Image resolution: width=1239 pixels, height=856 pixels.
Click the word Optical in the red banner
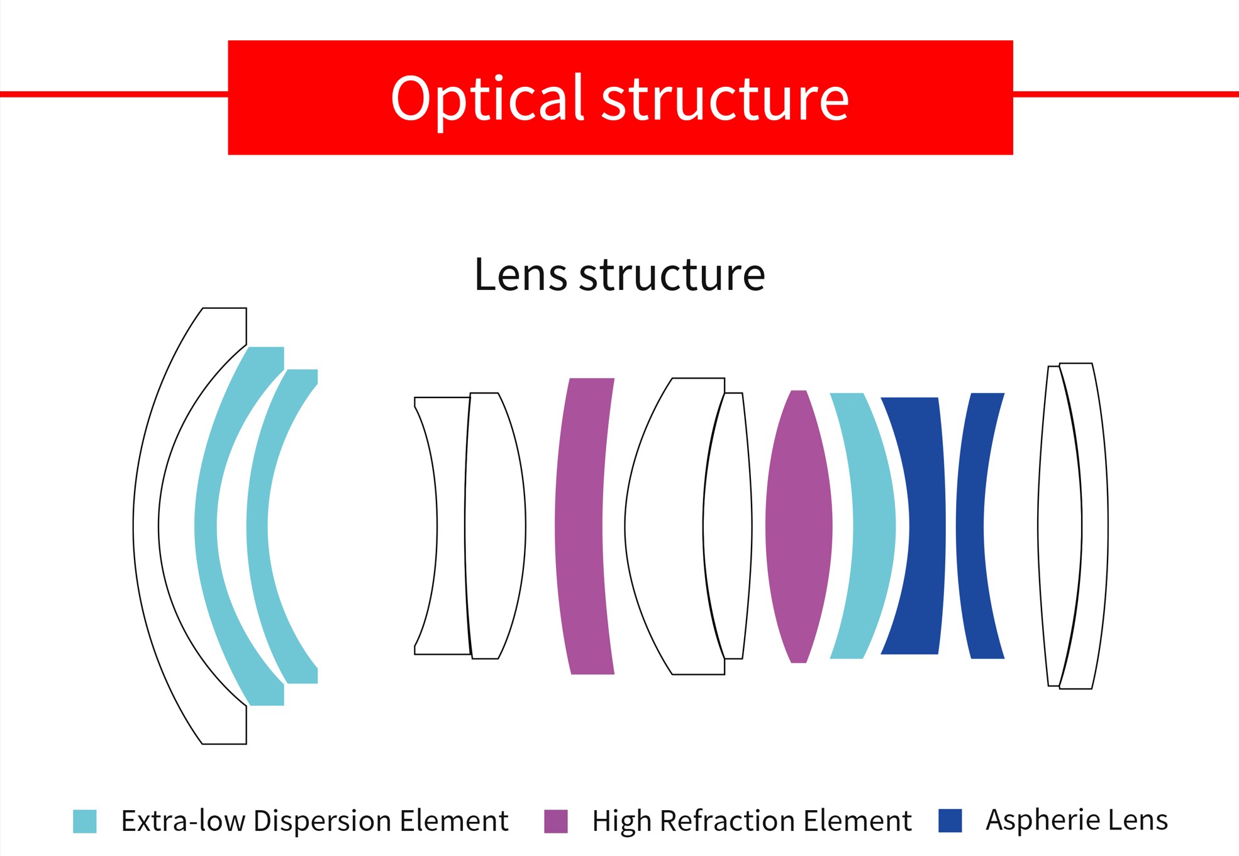(488, 99)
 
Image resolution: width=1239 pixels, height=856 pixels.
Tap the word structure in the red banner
(725, 99)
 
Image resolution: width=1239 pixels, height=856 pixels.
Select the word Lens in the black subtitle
(520, 274)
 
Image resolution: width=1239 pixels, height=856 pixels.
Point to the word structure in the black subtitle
(672, 275)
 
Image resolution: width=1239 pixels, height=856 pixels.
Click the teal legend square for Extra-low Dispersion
(85, 821)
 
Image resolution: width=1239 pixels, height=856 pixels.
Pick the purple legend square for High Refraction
(556, 821)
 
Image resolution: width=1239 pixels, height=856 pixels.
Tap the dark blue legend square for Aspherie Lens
(950, 821)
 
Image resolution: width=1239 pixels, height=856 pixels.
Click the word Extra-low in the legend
(183, 821)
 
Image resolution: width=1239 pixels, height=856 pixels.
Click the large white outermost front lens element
(147, 526)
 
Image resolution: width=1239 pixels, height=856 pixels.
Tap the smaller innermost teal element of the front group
(257, 526)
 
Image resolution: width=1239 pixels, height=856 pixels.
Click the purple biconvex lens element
(799, 526)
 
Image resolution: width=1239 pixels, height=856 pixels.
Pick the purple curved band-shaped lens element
(579, 526)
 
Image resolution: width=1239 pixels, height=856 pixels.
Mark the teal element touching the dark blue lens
(875, 526)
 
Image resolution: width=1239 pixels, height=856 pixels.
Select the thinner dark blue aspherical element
(970, 526)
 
